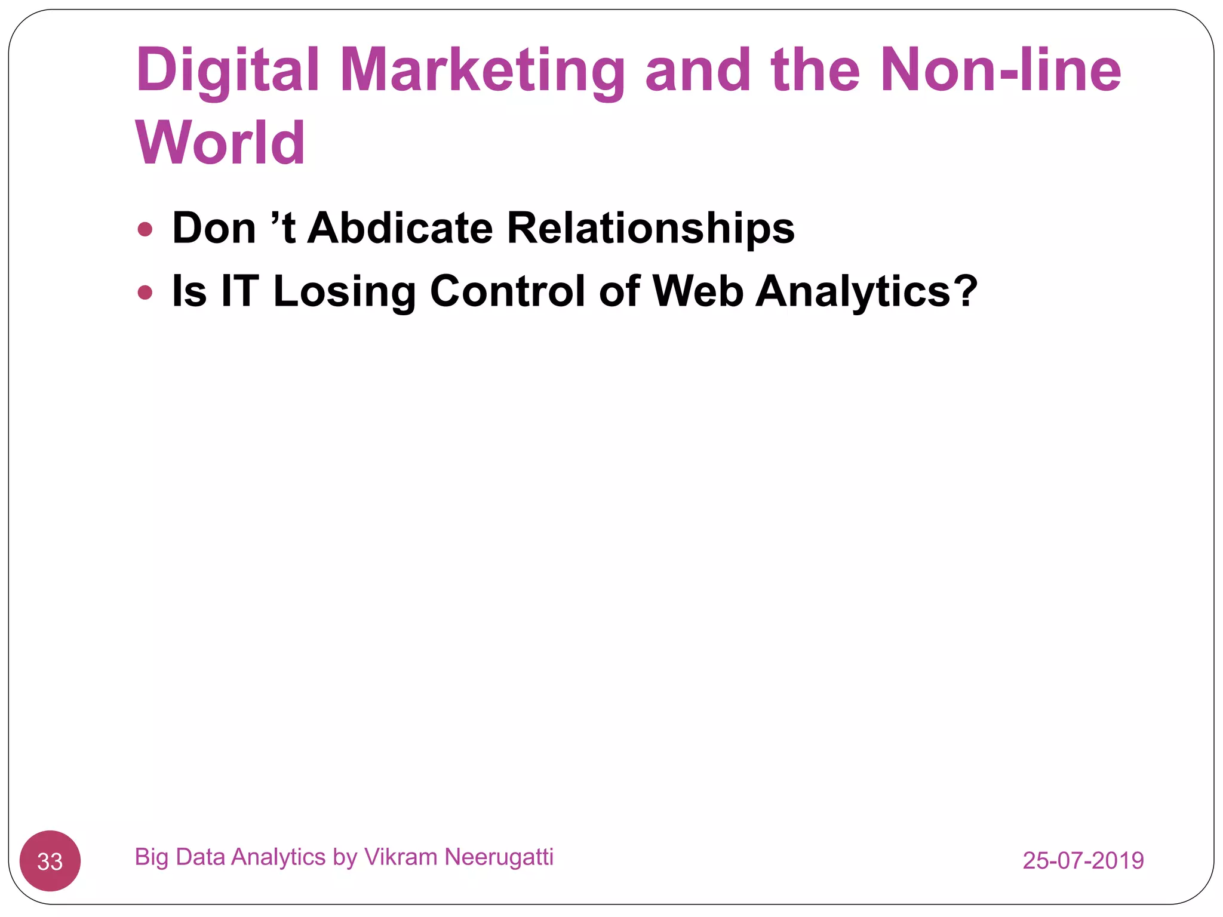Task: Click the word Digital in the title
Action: tap(228, 70)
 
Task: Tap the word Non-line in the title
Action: tap(1000, 70)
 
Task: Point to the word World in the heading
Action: tap(220, 143)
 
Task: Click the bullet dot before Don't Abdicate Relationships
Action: tap(145, 229)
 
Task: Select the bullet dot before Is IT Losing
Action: tap(145, 293)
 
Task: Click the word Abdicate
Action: tap(400, 228)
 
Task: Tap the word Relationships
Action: tap(650, 228)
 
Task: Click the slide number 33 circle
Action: tap(50, 861)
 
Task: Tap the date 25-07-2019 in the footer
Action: tap(1083, 860)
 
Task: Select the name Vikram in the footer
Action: tap(401, 857)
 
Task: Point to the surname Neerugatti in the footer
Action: tap(499, 857)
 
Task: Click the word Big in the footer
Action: tap(152, 857)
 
